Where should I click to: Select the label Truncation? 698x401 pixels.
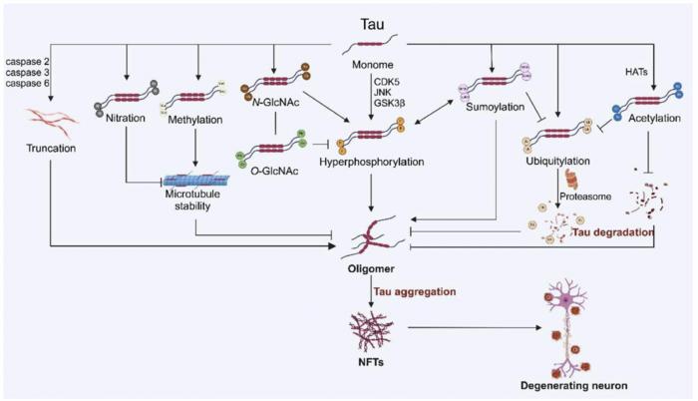coord(44,148)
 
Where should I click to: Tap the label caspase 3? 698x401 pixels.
coord(26,74)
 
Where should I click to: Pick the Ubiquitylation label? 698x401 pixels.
coord(558,159)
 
